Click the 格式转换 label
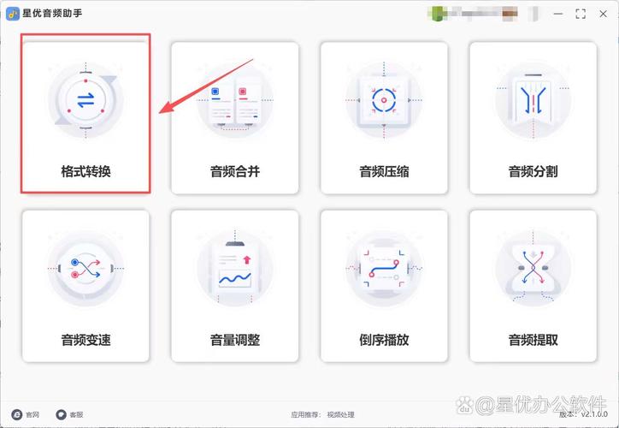(x=85, y=171)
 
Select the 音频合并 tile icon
(x=235, y=101)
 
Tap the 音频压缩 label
(x=384, y=171)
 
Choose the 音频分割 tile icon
(x=533, y=101)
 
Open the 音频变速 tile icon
(x=85, y=269)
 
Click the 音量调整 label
(x=235, y=340)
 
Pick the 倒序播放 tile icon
(x=384, y=269)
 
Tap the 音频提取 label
(x=533, y=340)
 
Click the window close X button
(x=605, y=14)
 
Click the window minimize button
(x=557, y=14)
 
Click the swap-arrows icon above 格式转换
(x=85, y=101)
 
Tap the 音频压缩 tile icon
(x=384, y=101)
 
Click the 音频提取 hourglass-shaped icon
(x=533, y=269)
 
